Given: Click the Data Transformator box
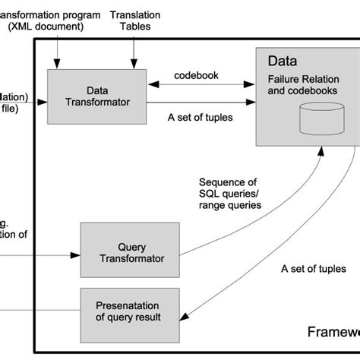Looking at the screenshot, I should (97, 96).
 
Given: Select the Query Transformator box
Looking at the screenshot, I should (131, 251).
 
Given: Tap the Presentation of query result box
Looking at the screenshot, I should (131, 311).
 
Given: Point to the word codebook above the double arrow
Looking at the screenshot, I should (195, 76).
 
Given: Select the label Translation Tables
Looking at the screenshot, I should (135, 21).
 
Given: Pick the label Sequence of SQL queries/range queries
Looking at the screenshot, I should (227, 194).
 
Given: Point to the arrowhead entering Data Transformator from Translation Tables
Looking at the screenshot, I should (134, 65).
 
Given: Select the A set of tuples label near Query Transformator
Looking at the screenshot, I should (313, 269).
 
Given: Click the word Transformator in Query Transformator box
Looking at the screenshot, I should (131, 258).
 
